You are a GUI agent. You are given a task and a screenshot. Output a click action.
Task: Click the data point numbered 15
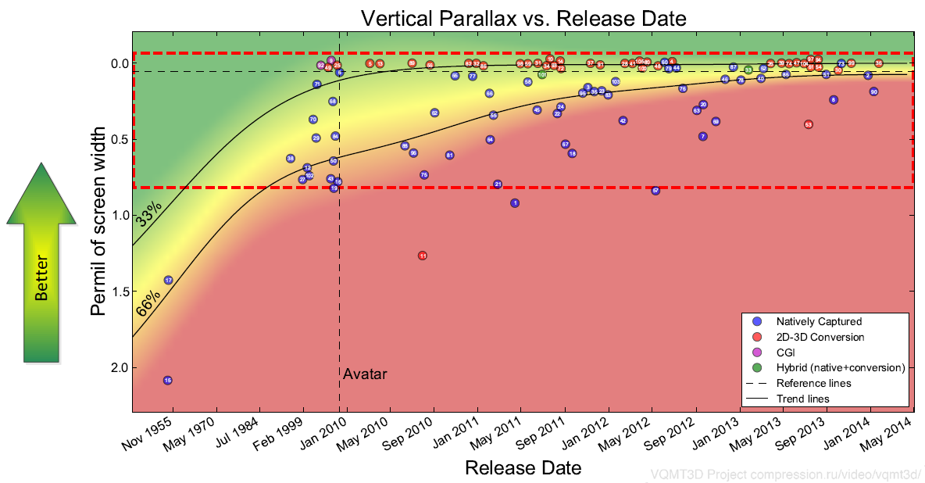(168, 380)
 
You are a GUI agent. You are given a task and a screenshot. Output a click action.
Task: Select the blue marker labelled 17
(168, 280)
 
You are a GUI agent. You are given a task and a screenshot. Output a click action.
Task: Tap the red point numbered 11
(423, 256)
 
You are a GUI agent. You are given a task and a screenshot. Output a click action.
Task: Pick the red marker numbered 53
(809, 124)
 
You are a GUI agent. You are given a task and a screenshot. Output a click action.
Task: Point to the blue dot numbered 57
(655, 191)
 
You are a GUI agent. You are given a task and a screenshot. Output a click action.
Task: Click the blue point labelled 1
(515, 203)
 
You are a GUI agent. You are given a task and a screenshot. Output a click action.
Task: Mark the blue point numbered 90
(873, 91)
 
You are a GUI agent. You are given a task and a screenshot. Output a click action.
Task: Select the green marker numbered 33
(748, 70)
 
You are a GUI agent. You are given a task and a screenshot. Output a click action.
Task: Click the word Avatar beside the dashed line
(365, 374)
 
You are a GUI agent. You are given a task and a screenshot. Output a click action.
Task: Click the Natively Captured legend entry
(819, 321)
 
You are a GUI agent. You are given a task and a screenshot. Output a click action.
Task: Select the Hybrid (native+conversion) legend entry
(840, 367)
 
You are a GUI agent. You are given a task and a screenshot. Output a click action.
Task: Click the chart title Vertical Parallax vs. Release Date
(523, 17)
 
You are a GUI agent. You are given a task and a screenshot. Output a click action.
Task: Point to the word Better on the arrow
(41, 277)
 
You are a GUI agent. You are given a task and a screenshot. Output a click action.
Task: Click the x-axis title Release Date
(523, 468)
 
